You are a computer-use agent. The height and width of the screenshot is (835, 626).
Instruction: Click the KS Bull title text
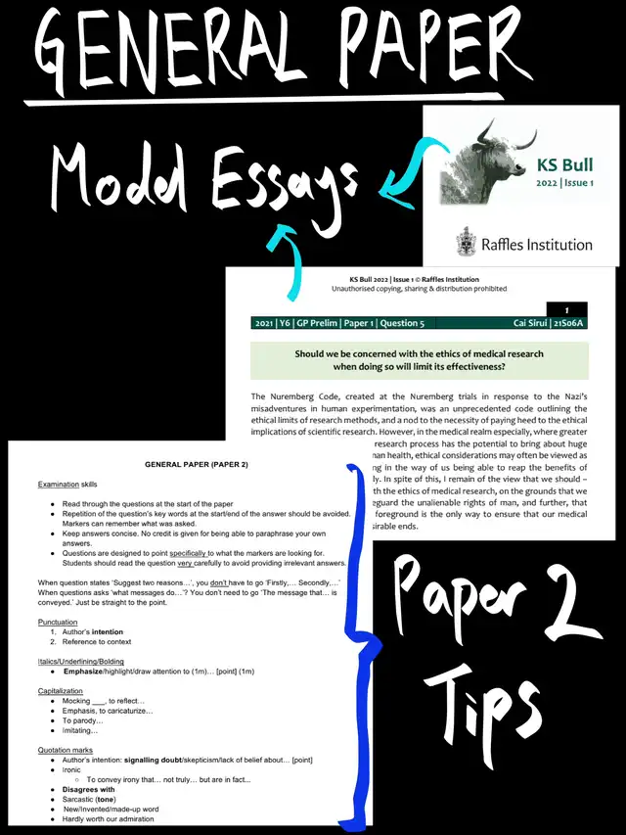point(565,164)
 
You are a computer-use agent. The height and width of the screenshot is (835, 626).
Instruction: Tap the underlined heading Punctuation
point(58,622)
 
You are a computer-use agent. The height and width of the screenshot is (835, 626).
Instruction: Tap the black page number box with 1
point(566,308)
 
